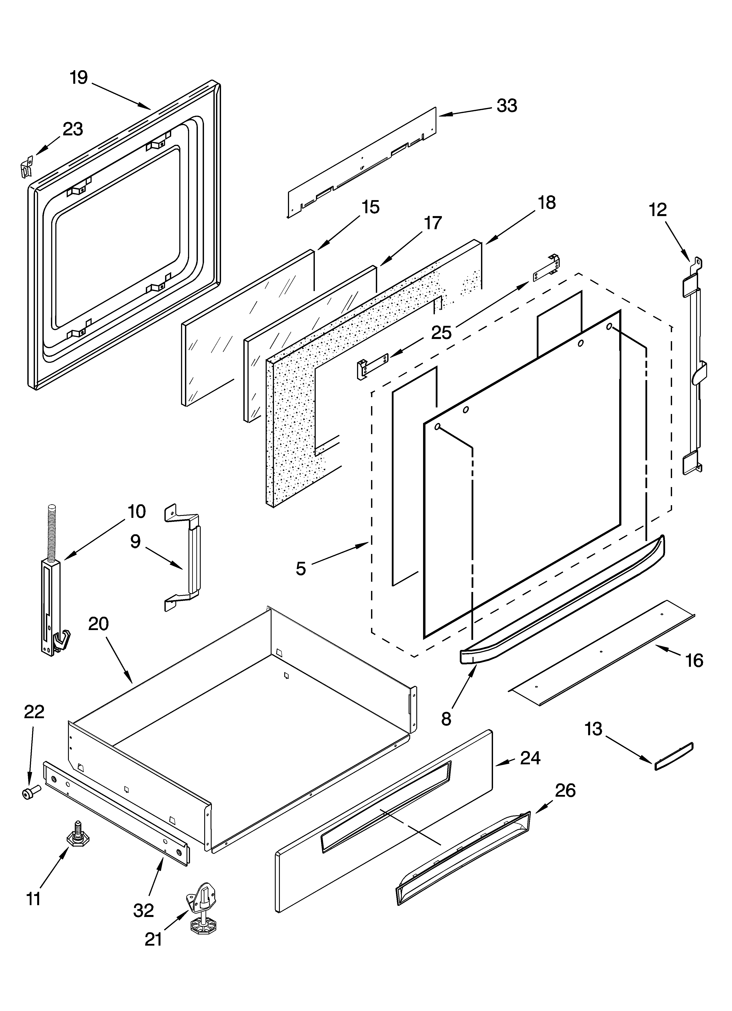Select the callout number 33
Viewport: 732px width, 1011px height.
(507, 106)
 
